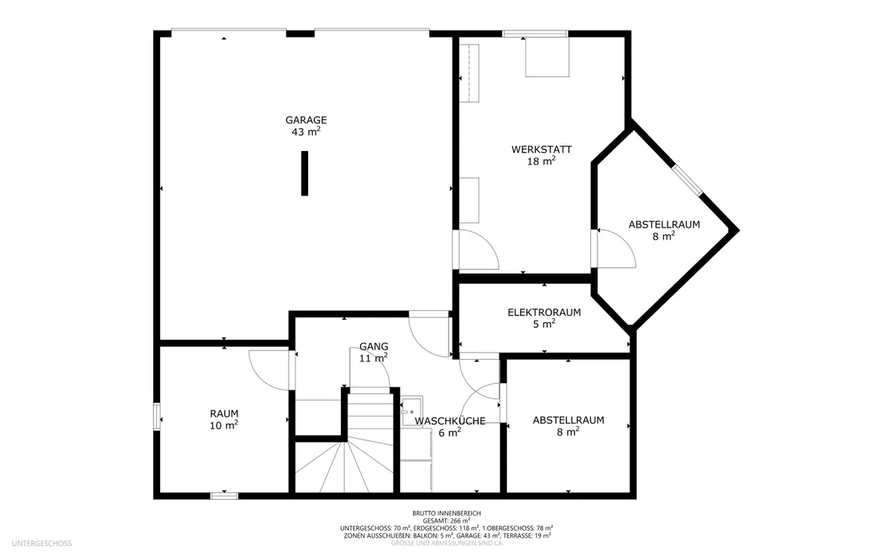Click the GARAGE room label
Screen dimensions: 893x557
tap(306, 120)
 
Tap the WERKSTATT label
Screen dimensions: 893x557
tap(542, 149)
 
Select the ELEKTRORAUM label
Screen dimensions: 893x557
tap(544, 312)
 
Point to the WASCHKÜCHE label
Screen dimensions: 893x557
tap(450, 421)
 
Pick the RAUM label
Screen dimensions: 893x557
tap(224, 413)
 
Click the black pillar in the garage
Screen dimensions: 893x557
tap(304, 173)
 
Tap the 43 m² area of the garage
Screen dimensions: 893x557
tap(306, 132)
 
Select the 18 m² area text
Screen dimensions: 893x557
tap(542, 161)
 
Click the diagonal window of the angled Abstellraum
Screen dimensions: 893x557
tap(687, 181)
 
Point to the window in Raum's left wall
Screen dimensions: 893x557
tap(157, 416)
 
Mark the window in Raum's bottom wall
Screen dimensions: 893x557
tap(224, 496)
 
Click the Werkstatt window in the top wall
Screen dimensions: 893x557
tap(535, 34)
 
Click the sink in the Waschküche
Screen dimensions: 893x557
tap(412, 411)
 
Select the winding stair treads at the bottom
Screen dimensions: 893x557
tap(345, 466)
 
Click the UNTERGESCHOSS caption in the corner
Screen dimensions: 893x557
tap(42, 544)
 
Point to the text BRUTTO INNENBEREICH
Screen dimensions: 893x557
tap(446, 514)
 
